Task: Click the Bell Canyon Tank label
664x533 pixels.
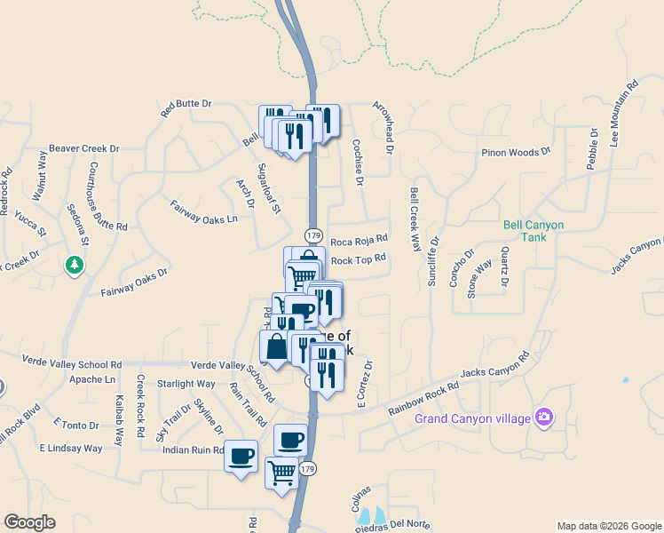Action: (x=533, y=232)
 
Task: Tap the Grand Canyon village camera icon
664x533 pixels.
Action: (x=545, y=417)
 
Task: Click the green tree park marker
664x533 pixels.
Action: (x=75, y=265)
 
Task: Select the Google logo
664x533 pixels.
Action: (x=30, y=522)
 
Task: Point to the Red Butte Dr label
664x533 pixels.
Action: (x=186, y=107)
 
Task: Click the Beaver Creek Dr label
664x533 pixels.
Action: (x=83, y=148)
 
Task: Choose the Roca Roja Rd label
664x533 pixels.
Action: (x=359, y=240)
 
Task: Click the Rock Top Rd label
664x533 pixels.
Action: (x=359, y=259)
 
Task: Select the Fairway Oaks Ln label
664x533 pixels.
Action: (x=204, y=211)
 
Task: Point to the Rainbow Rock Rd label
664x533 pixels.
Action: (x=423, y=399)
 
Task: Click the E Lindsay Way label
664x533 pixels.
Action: (x=71, y=449)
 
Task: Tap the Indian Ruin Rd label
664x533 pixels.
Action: (x=193, y=450)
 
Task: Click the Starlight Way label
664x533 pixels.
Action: (x=186, y=384)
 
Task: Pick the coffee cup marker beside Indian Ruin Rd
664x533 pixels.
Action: (x=241, y=457)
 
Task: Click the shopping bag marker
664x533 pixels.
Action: (x=276, y=347)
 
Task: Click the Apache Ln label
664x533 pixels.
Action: (x=92, y=379)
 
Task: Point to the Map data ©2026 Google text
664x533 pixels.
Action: (x=608, y=526)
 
